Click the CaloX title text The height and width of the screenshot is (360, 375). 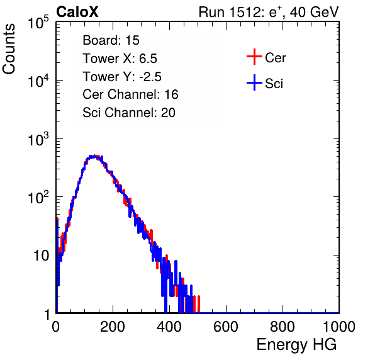coord(77,12)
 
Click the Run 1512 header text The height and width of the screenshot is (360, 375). coord(269,12)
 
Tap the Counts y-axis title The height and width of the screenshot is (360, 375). coord(9,49)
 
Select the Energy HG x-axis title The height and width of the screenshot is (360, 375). coord(296,345)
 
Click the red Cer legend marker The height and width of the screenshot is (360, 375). coord(254,57)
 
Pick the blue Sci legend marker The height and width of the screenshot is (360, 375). coord(254,82)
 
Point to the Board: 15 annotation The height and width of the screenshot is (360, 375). coord(111,40)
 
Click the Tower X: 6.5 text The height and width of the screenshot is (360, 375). coord(120,59)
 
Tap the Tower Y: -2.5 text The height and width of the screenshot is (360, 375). coord(122,77)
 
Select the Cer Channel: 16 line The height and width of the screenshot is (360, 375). coord(130,94)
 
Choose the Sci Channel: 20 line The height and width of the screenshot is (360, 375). coord(129,113)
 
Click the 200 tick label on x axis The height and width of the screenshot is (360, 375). coord(113,327)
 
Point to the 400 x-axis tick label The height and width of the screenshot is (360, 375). coord(169,327)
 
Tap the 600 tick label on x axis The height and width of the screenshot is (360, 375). coord(226,327)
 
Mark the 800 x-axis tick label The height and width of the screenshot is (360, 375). coord(283,327)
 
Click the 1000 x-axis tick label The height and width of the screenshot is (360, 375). coord(339,327)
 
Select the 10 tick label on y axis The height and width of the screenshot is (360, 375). coord(42,256)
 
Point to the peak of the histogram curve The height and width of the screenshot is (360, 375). coord(94,156)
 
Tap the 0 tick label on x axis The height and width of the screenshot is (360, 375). coord(55,327)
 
